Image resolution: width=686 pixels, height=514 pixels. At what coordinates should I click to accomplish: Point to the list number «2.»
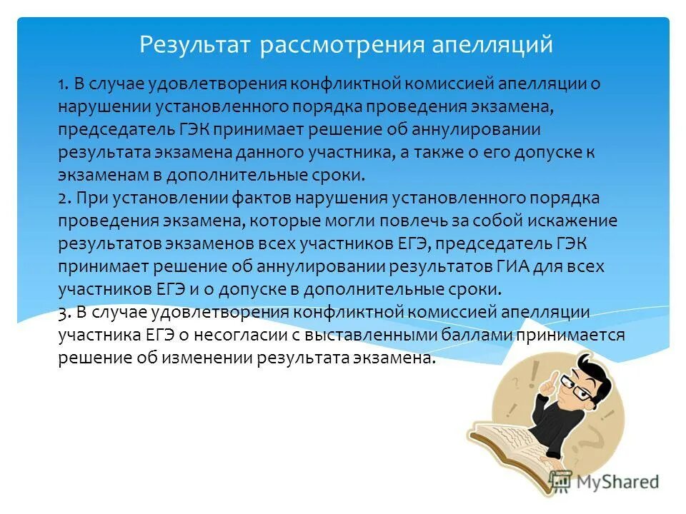point(64,198)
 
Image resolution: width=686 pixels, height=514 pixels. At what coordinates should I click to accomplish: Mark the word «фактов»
point(246,198)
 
